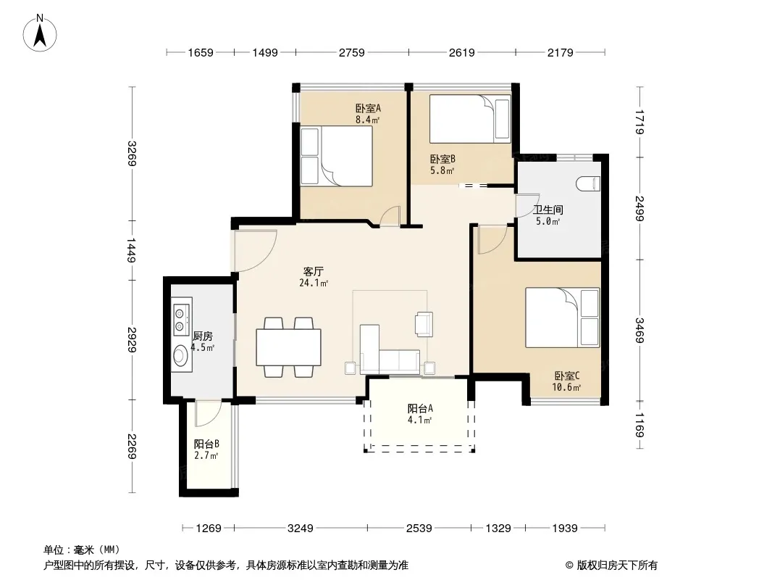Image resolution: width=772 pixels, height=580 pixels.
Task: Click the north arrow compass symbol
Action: click(x=40, y=33)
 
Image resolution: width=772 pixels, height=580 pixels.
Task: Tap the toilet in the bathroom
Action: click(x=588, y=184)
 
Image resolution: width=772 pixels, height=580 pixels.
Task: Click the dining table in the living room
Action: click(x=288, y=347)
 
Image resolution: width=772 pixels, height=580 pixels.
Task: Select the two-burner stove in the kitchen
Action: click(x=182, y=320)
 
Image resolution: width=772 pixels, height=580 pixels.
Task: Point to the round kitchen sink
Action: click(x=180, y=355)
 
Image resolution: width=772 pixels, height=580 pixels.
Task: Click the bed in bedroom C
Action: click(x=562, y=318)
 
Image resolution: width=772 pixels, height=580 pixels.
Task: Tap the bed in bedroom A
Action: click(x=336, y=156)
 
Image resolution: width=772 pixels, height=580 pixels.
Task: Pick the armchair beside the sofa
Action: click(x=424, y=324)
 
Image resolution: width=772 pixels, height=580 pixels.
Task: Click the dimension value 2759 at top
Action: click(x=351, y=52)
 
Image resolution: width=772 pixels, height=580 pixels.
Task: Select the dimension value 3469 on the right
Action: click(x=639, y=330)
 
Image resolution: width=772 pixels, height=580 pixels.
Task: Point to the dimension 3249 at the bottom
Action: click(x=301, y=529)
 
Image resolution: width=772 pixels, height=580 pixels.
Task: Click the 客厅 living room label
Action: click(x=313, y=272)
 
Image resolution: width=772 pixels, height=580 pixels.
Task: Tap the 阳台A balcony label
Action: click(x=420, y=408)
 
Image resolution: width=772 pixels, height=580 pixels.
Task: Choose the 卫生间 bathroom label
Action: click(x=548, y=210)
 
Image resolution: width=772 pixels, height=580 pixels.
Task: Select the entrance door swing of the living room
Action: click(x=255, y=251)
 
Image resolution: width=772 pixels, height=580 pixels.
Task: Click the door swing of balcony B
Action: click(x=208, y=414)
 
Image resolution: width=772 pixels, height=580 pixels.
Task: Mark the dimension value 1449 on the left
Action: click(x=132, y=250)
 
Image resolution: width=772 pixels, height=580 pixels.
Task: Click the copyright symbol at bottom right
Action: click(x=569, y=565)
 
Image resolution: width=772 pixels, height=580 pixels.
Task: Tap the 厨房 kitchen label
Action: click(x=202, y=336)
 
